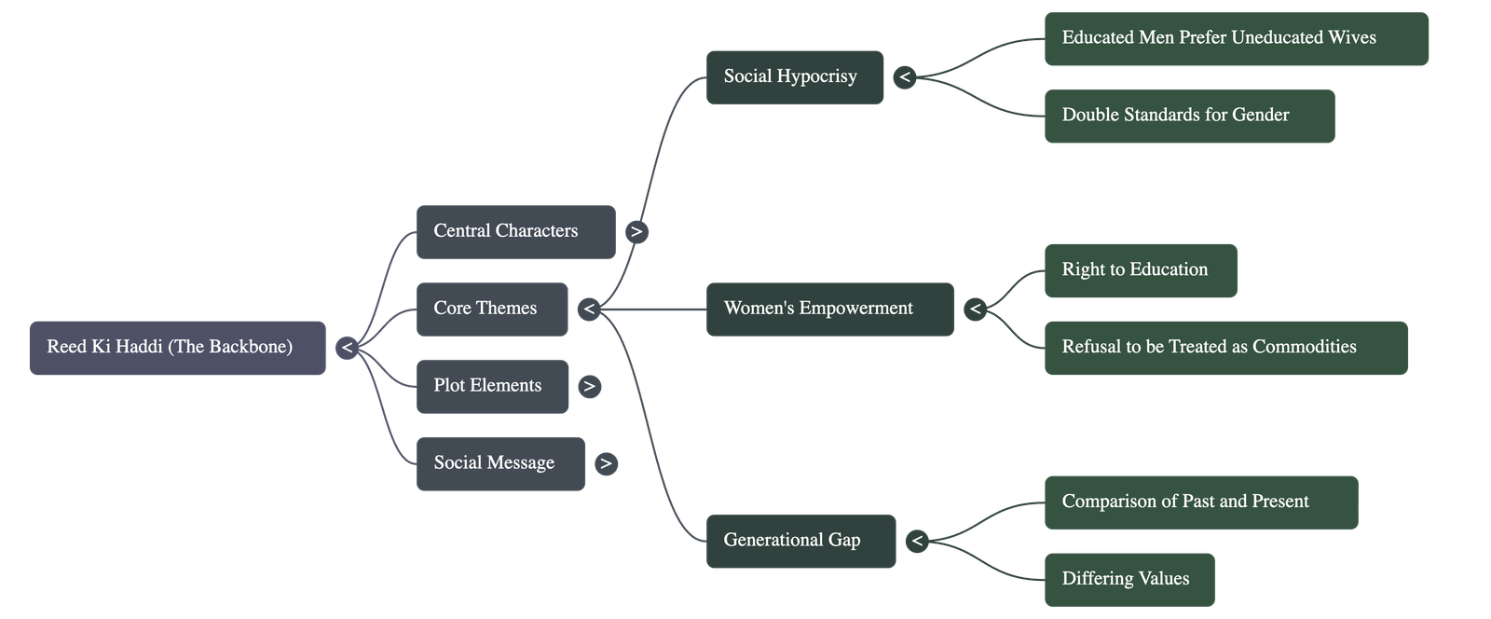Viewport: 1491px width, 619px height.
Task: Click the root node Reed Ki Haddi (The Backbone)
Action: (x=177, y=348)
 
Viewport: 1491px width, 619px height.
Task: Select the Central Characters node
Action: (x=515, y=231)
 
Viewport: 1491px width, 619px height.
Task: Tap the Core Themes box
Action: (x=491, y=309)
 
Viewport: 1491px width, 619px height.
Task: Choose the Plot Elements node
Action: (x=492, y=386)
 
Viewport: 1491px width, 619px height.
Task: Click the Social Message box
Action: (x=500, y=463)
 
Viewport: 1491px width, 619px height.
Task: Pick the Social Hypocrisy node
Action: (x=795, y=76)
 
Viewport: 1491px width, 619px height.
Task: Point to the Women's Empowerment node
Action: (x=829, y=309)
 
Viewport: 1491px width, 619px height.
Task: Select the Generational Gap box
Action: (x=800, y=541)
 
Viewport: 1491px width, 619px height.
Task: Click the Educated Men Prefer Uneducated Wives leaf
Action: (x=1236, y=38)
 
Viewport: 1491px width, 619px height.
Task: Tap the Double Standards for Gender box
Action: (x=1189, y=116)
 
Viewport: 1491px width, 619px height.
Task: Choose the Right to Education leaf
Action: (x=1141, y=270)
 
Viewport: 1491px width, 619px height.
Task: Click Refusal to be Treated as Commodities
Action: (x=1225, y=348)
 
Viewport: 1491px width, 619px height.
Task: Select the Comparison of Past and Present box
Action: (x=1200, y=502)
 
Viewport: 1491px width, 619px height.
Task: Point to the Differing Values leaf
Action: (x=1129, y=579)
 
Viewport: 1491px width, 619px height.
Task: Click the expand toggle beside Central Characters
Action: (x=636, y=231)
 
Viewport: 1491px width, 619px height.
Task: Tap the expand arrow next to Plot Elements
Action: (x=589, y=386)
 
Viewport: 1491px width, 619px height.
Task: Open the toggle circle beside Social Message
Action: (x=606, y=463)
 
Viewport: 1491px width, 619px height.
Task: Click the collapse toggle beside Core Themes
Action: (x=588, y=309)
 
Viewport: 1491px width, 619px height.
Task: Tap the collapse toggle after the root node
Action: (x=347, y=348)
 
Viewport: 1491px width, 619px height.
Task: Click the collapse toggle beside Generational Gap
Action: (x=917, y=541)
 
